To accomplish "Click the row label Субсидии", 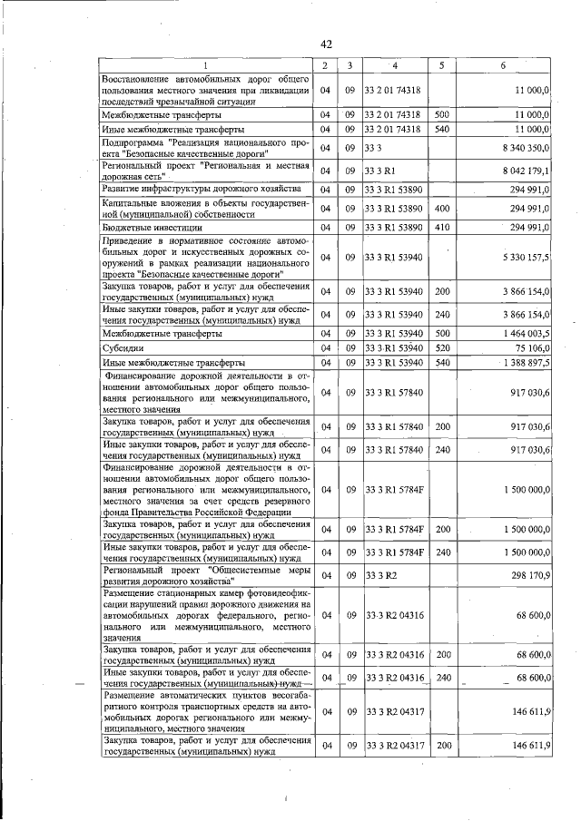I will click(x=121, y=348).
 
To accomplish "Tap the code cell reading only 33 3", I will click(x=374, y=148).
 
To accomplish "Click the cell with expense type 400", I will click(x=442, y=209).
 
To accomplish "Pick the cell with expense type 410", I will click(x=442, y=227).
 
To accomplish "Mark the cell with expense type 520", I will click(x=442, y=348).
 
